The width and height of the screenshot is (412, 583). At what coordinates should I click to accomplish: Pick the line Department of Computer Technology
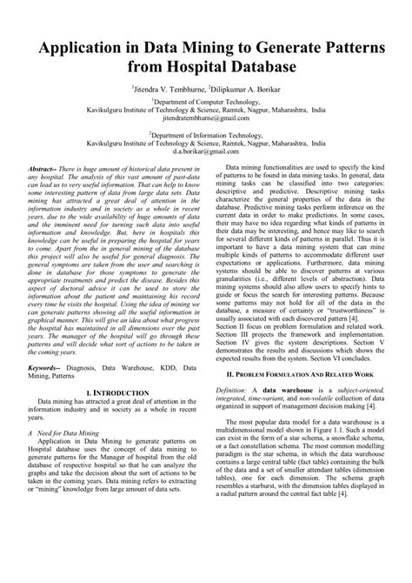pyautogui.click(x=206, y=103)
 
